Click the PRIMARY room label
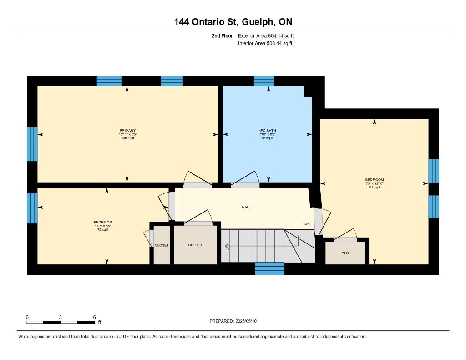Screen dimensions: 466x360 pos(127,131)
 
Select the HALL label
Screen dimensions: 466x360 pos(246,207)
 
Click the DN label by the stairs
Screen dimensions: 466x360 pos(307,223)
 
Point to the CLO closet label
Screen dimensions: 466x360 pos(345,254)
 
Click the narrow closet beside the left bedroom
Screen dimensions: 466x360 pos(162,245)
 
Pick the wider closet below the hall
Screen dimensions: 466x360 pos(195,245)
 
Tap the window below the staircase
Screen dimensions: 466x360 pos(269,269)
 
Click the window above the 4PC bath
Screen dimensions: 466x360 pos(263,81)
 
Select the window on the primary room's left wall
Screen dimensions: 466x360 pos(32,144)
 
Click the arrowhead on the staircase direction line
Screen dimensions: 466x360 pos(228,246)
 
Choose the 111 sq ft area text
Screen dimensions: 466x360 pos(374,188)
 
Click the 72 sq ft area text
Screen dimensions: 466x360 pos(103,230)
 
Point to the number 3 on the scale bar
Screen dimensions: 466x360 pos(61,317)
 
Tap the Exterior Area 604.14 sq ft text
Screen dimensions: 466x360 pos(266,36)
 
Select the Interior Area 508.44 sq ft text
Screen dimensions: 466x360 pos(265,43)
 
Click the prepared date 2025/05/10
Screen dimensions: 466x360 pos(246,321)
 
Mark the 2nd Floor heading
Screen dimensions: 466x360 pos(222,36)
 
